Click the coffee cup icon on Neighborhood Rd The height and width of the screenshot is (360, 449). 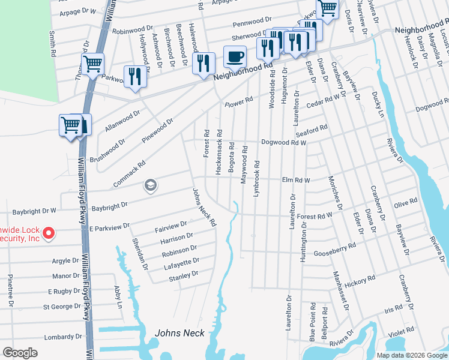(x=235, y=57)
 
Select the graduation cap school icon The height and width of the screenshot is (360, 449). (x=149, y=186)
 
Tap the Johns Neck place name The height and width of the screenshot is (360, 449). (x=179, y=333)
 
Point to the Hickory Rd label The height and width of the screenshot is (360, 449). (x=360, y=280)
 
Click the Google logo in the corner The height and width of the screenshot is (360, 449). (x=20, y=353)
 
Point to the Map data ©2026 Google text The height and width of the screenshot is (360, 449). (x=412, y=355)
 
